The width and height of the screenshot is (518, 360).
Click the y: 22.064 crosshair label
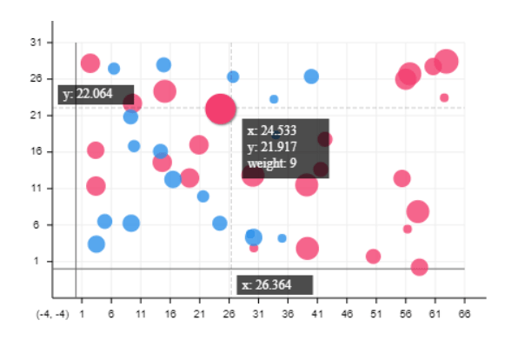[95, 94]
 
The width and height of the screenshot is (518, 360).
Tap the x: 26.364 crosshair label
[273, 285]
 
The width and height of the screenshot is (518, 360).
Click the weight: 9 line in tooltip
[273, 163]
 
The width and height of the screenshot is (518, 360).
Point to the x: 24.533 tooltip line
[272, 132]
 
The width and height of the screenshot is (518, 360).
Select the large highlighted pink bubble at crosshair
[222, 109]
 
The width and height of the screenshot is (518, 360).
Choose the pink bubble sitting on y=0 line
[419, 267]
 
